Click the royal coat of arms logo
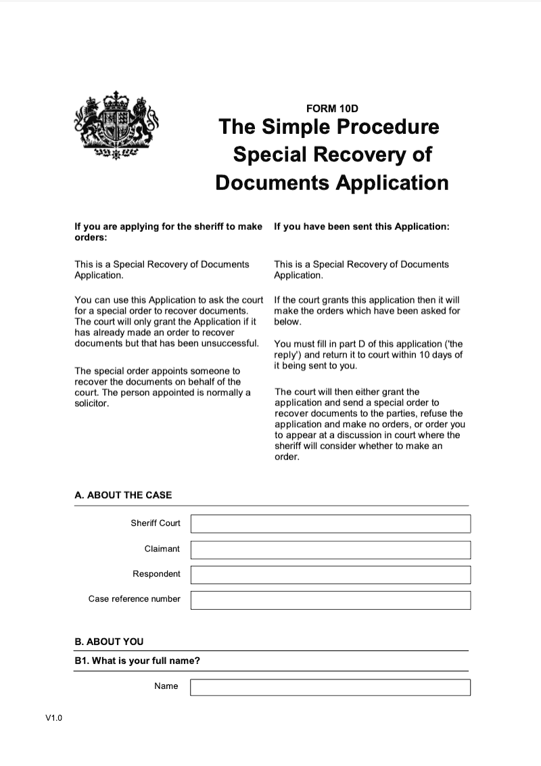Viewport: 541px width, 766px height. point(115,126)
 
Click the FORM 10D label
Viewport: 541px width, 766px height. point(331,108)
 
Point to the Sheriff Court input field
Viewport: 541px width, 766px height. point(330,524)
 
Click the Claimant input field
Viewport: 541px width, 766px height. point(330,550)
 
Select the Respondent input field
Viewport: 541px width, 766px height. point(330,575)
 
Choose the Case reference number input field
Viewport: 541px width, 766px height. point(330,600)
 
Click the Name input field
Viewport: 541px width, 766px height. point(330,687)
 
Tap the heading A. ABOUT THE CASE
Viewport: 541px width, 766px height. point(123,495)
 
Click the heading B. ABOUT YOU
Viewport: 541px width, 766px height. point(109,642)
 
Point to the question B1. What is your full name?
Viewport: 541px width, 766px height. point(137,661)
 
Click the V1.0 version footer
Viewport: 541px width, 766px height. point(54,719)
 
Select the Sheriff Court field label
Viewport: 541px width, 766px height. point(156,523)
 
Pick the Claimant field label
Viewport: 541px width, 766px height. point(162,549)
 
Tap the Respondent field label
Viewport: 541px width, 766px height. point(156,574)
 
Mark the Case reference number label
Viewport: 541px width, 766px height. point(135,599)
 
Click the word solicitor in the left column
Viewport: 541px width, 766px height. point(91,403)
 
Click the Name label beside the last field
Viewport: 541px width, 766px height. point(166,686)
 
